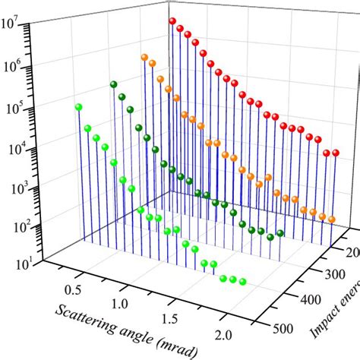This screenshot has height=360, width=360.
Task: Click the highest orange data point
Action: click(x=143, y=57)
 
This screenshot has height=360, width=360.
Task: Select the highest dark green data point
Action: click(x=113, y=84)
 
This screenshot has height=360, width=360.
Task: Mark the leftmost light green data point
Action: click(x=77, y=107)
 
